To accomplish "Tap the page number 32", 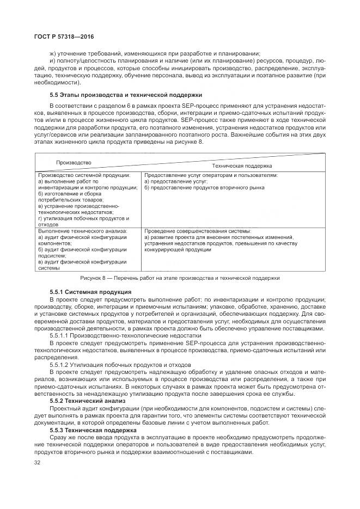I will pyautogui.click(x=38, y=463).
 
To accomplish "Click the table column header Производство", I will pyautogui.click(x=74, y=162).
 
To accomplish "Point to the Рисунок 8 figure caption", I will pyautogui.click(x=180, y=278).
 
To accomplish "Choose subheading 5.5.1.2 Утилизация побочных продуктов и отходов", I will pyautogui.click(x=120, y=364).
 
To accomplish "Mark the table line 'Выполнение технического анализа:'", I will pyautogui.click(x=82, y=231).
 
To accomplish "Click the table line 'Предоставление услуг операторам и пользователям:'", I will pyautogui.click(x=211, y=175).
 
